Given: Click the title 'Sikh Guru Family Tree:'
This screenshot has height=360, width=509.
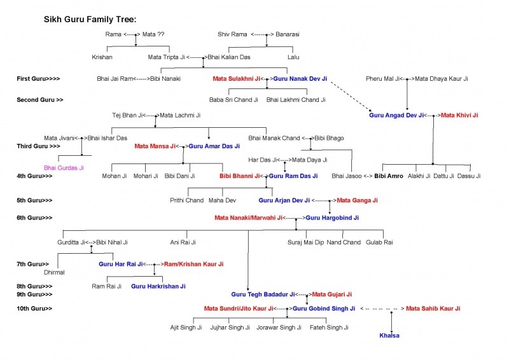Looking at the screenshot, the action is [90, 20].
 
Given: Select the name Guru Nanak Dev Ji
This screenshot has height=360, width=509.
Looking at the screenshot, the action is [300, 79].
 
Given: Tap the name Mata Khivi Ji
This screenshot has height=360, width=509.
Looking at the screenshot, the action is [459, 115].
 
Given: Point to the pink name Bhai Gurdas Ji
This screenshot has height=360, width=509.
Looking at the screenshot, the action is [64, 168].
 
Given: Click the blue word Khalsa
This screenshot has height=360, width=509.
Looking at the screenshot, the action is [389, 336].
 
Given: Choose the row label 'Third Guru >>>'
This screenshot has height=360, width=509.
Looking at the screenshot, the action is [38, 146].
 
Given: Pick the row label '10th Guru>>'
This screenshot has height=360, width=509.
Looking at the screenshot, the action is [34, 308].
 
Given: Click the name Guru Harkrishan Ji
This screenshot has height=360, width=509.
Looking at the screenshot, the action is [158, 286].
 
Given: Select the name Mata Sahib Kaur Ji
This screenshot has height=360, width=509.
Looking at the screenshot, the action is [433, 308].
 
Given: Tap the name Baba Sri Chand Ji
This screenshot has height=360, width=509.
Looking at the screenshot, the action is [234, 100].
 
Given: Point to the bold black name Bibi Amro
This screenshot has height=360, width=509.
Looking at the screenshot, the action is [389, 176].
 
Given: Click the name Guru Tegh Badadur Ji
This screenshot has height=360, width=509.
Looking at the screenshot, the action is [263, 294].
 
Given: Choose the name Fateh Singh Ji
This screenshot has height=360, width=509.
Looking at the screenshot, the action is [329, 327].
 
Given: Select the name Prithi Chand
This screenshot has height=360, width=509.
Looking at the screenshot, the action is [186, 200].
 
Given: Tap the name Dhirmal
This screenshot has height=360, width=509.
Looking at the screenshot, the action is [54, 272].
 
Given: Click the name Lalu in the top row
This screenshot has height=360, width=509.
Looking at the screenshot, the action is [293, 57].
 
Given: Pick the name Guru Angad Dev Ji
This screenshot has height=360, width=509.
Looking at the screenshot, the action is [396, 115].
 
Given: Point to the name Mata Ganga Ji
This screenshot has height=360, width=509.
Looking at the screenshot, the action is [357, 200].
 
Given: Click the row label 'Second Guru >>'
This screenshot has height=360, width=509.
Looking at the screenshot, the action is [40, 100].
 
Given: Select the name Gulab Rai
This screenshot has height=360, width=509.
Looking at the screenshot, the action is [379, 242].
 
